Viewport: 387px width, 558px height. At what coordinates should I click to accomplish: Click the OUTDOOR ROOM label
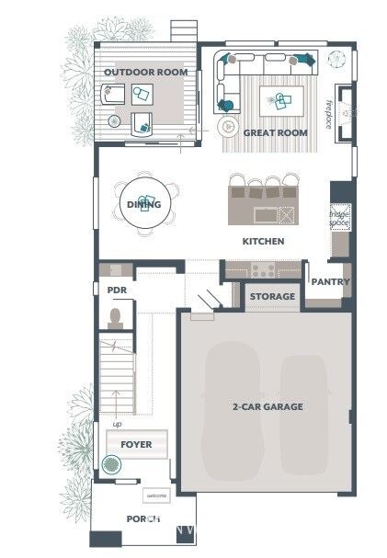pos(145,72)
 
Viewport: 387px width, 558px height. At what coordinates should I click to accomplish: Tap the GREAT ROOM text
pos(275,132)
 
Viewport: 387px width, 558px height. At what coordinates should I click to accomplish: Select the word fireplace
pos(328,114)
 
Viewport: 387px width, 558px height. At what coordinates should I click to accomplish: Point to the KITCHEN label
pos(263,242)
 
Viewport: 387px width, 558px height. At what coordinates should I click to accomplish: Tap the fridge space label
pos(339,219)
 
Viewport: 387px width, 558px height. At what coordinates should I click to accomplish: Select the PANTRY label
pos(329,282)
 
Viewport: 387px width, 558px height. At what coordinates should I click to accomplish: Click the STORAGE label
pos(273,296)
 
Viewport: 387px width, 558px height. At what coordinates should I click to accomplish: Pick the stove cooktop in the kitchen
pos(264,269)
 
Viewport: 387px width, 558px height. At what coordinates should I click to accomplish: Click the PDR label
pos(116,290)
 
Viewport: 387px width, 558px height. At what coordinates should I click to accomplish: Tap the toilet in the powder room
pos(116,318)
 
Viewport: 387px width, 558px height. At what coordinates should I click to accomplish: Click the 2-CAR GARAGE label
pos(267,405)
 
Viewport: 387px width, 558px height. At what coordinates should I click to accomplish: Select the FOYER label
pos(136,444)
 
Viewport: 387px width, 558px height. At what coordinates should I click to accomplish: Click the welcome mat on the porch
pos(155,496)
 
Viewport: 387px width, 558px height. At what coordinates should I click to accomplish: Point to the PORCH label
pos(142,518)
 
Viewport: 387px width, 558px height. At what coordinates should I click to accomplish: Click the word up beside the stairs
pos(117,424)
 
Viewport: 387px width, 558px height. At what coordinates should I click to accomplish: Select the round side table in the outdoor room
pos(114,121)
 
